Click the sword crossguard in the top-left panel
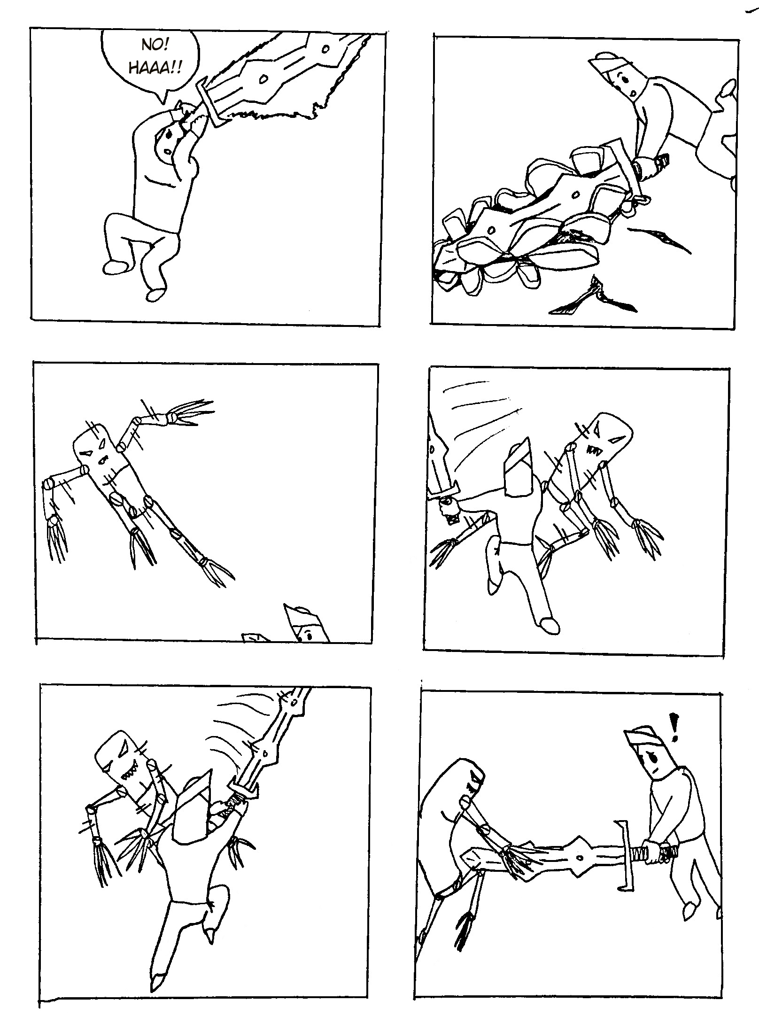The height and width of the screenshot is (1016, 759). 209,102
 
